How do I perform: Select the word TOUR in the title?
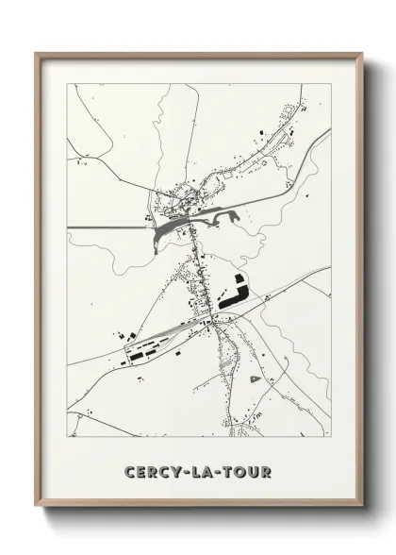[x=247, y=470]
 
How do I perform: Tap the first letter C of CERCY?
[x=128, y=470]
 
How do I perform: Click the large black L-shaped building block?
[x=235, y=291]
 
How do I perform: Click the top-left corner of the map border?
[x=67, y=84]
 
